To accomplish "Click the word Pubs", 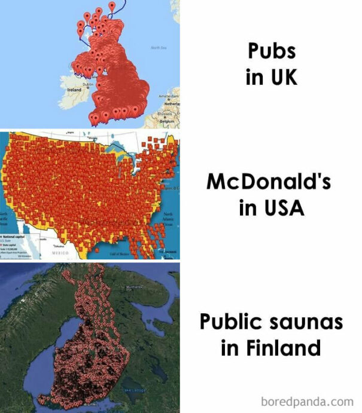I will (x=272, y=51).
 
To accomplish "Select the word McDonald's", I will (x=269, y=182).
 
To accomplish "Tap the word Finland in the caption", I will (x=270, y=347).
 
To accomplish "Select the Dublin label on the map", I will (x=87, y=84).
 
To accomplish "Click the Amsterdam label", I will (x=168, y=96).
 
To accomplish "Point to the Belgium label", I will (x=166, y=120).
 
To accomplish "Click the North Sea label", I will (x=158, y=47).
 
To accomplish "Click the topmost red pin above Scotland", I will (x=112, y=7).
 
